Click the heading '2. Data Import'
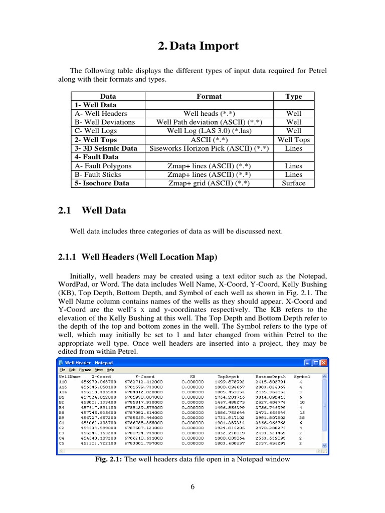[x=198, y=46]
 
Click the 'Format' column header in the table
[x=209, y=96]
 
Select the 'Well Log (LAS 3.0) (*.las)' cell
[x=209, y=131]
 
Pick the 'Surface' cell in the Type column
[x=293, y=183]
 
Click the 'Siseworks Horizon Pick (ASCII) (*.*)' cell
[x=209, y=148]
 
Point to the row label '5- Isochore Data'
[x=102, y=183]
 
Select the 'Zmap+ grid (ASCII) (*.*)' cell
[x=209, y=183]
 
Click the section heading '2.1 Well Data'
[x=92, y=211]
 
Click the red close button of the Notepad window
[x=323, y=362]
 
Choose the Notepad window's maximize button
[x=316, y=362]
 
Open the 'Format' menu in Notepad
[x=85, y=370]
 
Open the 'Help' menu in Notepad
[x=110, y=370]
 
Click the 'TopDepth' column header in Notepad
[x=228, y=376]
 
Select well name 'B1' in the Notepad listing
[x=62, y=396]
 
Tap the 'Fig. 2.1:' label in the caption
[x=109, y=459]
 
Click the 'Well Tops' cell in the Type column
[x=293, y=140]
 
